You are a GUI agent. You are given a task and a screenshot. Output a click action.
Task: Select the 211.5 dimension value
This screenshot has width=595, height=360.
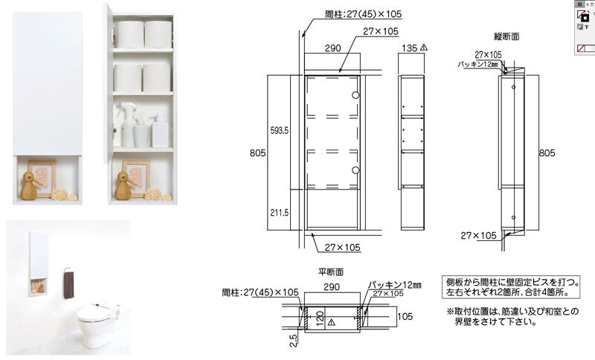[279, 211]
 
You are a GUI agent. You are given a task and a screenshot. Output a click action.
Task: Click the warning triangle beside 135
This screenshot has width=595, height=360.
[423, 47]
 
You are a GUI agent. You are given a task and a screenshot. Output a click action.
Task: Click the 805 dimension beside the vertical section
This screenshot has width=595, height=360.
[547, 153]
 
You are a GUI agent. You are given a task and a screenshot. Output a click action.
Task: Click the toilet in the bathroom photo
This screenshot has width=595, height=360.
[100, 320]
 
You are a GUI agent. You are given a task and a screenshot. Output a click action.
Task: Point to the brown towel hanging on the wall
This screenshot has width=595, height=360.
[69, 284]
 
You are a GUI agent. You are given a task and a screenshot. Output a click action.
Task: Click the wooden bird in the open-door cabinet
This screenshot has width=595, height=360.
[123, 184]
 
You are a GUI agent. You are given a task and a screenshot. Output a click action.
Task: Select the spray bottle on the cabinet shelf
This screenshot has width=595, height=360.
[126, 123]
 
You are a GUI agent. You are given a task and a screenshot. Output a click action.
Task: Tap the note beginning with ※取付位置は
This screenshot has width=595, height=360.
[513, 315]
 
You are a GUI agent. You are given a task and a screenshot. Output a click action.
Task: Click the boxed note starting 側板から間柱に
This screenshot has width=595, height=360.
[513, 288]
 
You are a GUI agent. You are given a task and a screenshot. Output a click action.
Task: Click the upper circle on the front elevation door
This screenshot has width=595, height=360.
[356, 96]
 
